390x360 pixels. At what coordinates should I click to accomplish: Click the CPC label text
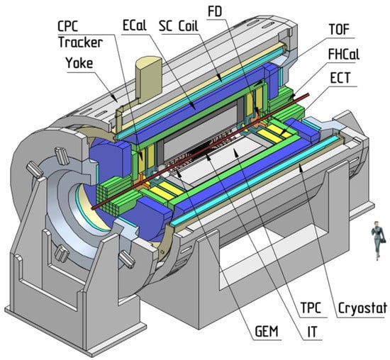[x=67, y=26]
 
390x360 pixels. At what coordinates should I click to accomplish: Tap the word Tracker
[x=81, y=42]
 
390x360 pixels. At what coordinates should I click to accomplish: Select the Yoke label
[x=79, y=62]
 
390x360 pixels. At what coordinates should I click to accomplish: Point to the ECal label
[x=134, y=26]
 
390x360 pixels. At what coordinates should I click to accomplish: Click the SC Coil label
[x=178, y=26]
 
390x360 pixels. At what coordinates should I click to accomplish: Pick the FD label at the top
[x=215, y=11]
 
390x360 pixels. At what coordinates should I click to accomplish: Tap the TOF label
[x=339, y=29]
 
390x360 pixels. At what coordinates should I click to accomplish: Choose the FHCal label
[x=344, y=54]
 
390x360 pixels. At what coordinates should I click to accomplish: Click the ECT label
[x=340, y=77]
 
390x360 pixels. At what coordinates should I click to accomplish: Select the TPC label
[x=311, y=308]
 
